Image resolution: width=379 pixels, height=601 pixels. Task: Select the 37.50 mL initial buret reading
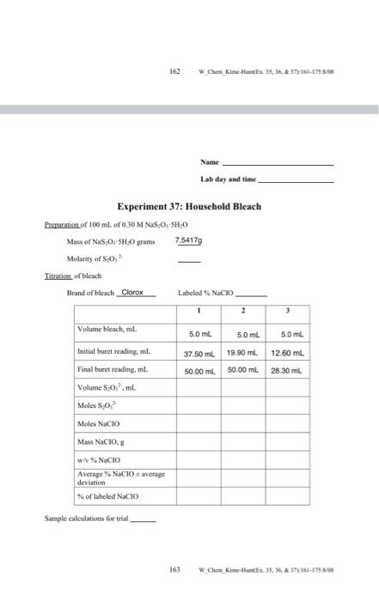(199, 352)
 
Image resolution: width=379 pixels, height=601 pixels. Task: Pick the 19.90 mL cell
(243, 352)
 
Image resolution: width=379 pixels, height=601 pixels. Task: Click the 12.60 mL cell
(287, 352)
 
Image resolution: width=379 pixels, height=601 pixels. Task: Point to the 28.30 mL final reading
(287, 369)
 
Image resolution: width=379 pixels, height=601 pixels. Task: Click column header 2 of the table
(243, 311)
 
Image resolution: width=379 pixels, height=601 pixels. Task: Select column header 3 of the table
(287, 311)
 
